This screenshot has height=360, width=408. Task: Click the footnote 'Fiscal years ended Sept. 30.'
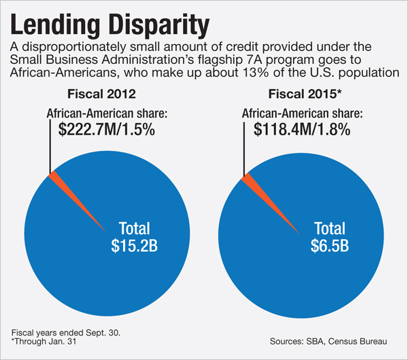[56, 334]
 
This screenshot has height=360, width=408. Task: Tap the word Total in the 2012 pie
[135, 228]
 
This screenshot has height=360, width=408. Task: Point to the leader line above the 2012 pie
[50, 146]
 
